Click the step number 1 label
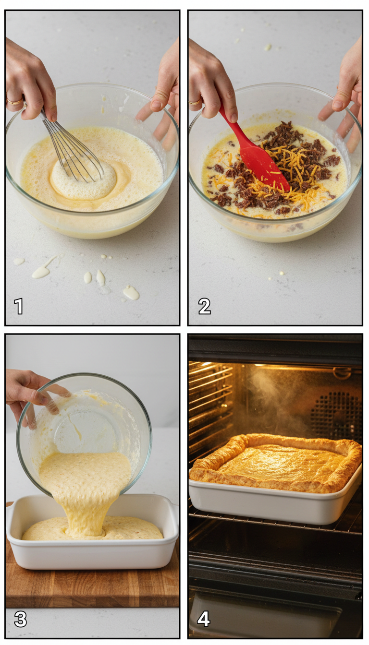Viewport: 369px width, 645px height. pyautogui.click(x=18, y=306)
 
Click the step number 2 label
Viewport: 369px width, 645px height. pyautogui.click(x=204, y=306)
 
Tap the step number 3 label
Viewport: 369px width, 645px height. pyautogui.click(x=20, y=619)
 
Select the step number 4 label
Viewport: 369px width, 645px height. pyautogui.click(x=203, y=619)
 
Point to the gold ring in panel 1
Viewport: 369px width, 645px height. pyautogui.click(x=14, y=101)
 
